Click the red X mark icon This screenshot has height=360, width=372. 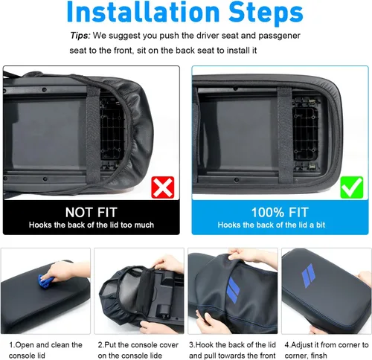pyautogui.click(x=163, y=187)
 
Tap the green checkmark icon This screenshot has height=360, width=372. pyautogui.click(x=352, y=187)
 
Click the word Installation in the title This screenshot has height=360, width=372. pyautogui.click(x=144, y=12)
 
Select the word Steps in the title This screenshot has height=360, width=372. pyautogui.click(x=266, y=13)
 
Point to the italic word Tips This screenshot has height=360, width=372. pyautogui.click(x=80, y=36)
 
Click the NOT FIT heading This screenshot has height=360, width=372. pyautogui.click(x=92, y=212)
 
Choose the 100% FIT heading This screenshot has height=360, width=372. pyautogui.click(x=280, y=212)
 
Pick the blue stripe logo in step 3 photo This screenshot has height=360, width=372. pyautogui.click(x=233, y=290)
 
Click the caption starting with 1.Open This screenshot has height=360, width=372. pyautogui.click(x=45, y=350)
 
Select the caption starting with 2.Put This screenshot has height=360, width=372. pyautogui.click(x=138, y=350)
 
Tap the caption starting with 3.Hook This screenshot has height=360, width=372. pyautogui.click(x=232, y=350)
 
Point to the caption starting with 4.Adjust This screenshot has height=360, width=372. pyautogui.click(x=327, y=350)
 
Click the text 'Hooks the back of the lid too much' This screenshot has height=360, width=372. pyautogui.click(x=92, y=225)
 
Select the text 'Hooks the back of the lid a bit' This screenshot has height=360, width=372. pyautogui.click(x=272, y=225)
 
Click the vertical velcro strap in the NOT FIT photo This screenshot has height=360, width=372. pyautogui.click(x=94, y=135)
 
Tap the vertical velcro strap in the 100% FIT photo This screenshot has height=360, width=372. pyautogui.click(x=286, y=135)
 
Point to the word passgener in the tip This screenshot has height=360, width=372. pyautogui.click(x=279, y=36)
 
